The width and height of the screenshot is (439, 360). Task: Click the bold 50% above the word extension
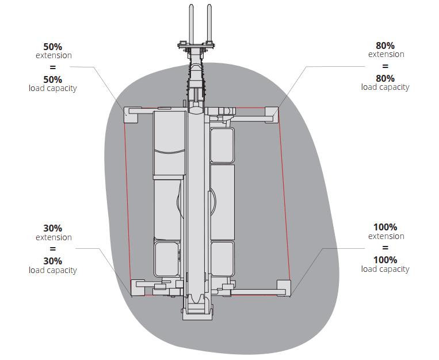tap(53, 47)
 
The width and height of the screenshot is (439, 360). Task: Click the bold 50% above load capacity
tap(53, 79)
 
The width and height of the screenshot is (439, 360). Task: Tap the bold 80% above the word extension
tap(385, 46)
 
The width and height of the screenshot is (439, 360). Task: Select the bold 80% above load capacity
tap(385, 78)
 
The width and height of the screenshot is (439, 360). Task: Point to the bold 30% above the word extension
tap(53, 229)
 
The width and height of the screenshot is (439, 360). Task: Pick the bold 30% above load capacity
tap(53, 262)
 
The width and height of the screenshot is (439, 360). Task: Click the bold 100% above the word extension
tap(385, 228)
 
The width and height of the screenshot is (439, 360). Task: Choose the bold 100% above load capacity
tap(385, 260)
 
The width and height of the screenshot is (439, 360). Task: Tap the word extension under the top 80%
tap(386, 54)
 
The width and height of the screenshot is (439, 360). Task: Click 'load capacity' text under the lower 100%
tap(385, 269)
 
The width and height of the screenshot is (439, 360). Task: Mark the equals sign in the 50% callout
tap(53, 67)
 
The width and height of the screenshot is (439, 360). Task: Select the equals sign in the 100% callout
tap(385, 248)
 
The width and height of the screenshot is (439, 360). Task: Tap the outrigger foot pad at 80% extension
tap(271, 114)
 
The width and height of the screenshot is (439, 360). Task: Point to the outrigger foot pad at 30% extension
tap(139, 286)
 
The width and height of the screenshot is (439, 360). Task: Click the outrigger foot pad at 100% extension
tap(284, 287)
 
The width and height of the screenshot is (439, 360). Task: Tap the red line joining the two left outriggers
tap(128, 202)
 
